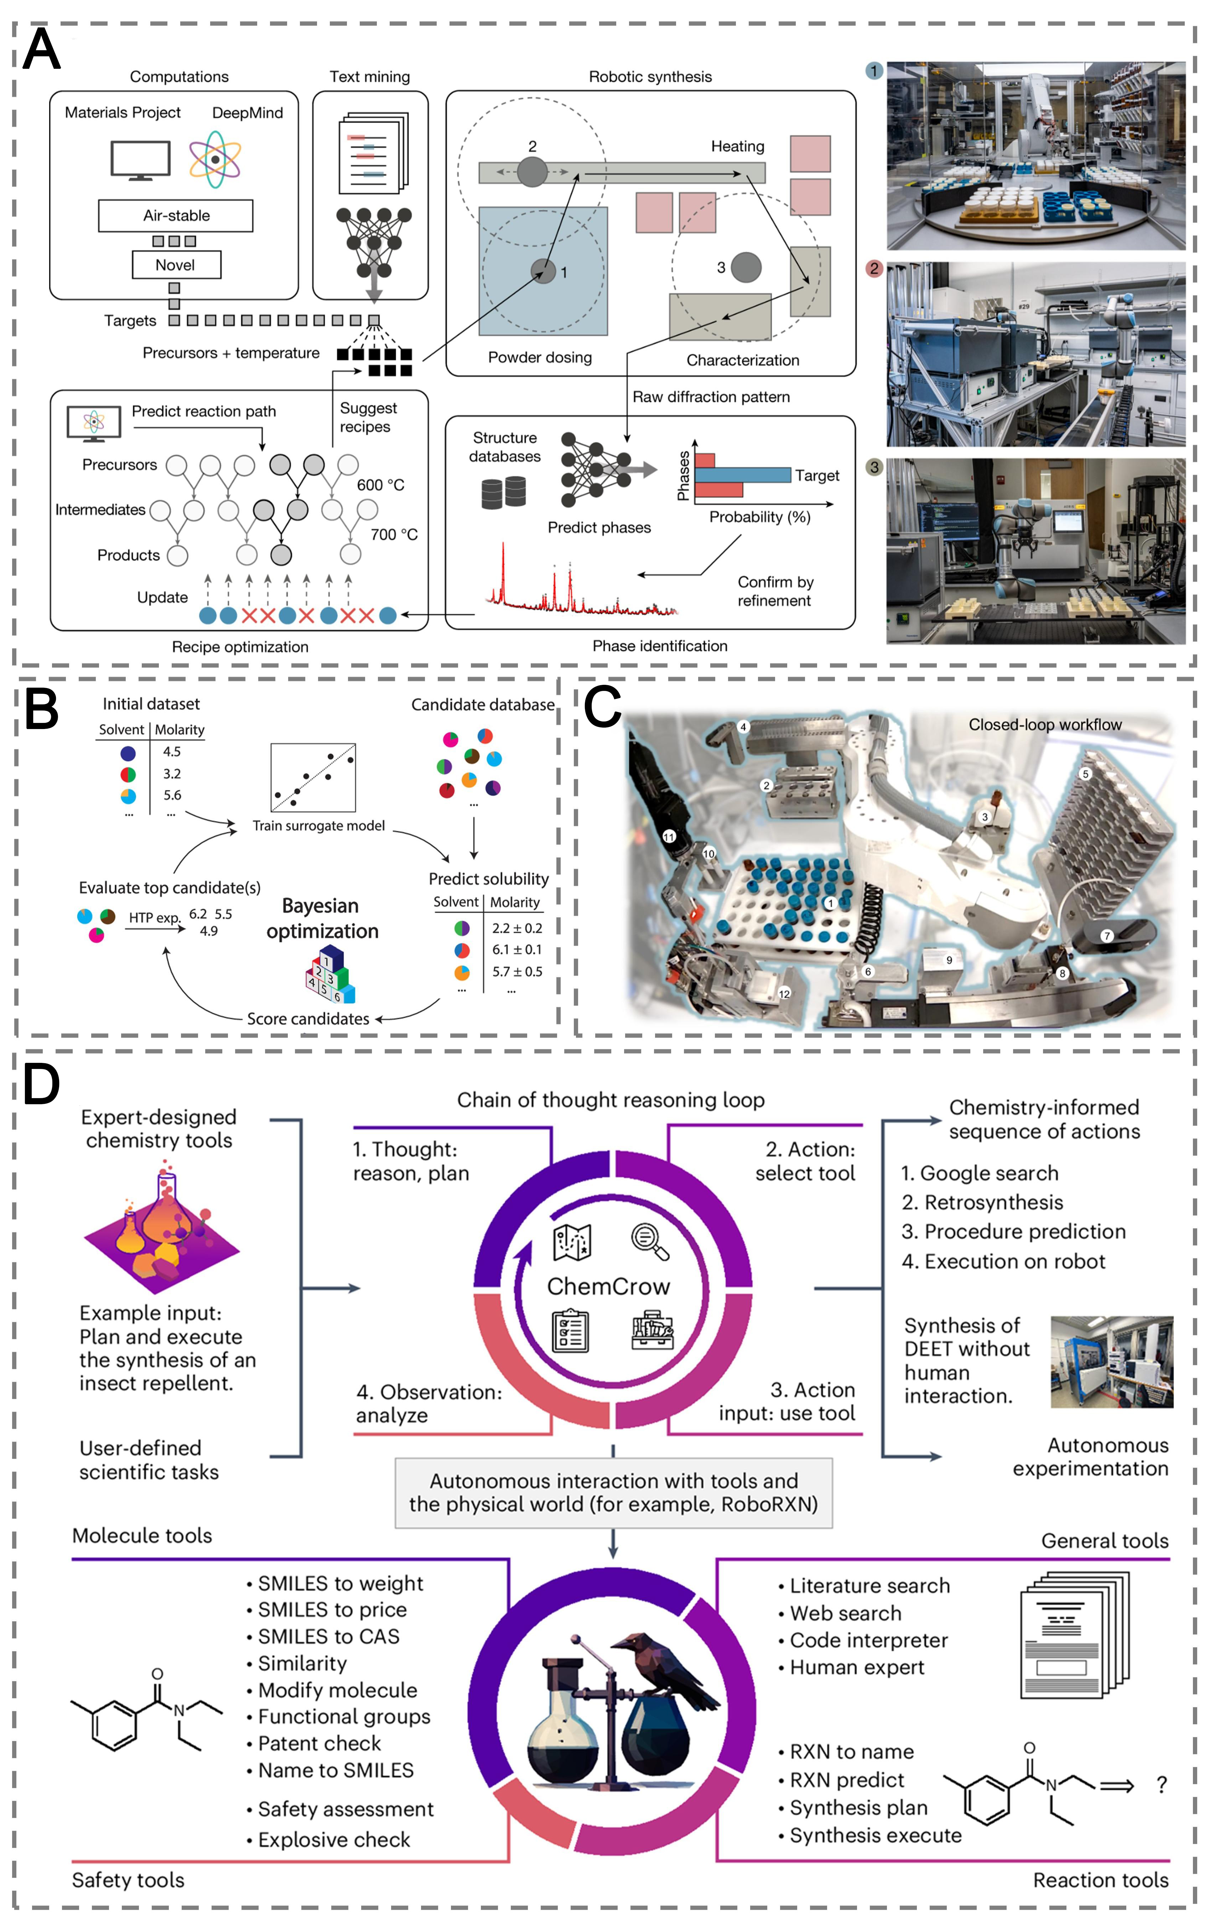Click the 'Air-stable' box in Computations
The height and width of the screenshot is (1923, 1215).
pyautogui.click(x=176, y=216)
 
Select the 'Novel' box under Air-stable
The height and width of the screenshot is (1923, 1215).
pyautogui.click(x=176, y=265)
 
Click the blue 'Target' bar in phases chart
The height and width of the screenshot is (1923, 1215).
pyautogui.click(x=742, y=475)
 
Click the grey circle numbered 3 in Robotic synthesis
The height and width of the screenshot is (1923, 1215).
pyautogui.click(x=746, y=268)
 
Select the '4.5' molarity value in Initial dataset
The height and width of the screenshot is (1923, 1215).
pyautogui.click(x=172, y=751)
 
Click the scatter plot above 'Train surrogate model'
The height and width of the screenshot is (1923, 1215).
pyautogui.click(x=313, y=777)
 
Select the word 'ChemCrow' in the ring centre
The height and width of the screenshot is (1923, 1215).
pyautogui.click(x=608, y=1287)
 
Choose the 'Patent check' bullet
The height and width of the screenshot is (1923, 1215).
pyautogui.click(x=319, y=1743)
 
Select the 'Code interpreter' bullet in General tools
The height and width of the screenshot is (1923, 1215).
pyautogui.click(x=868, y=1640)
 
